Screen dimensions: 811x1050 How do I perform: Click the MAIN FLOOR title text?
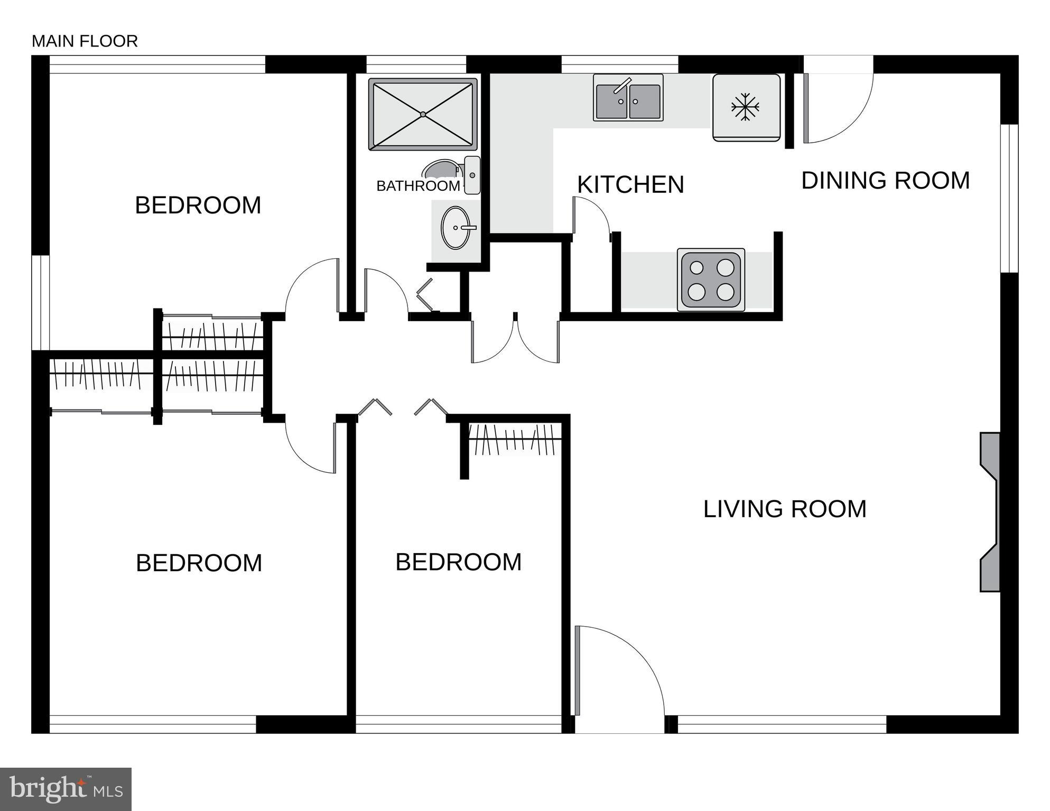(x=85, y=41)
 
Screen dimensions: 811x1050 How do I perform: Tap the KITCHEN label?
(x=630, y=185)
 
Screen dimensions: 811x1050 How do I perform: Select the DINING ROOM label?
(x=885, y=181)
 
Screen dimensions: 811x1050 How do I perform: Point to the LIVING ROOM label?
(x=785, y=509)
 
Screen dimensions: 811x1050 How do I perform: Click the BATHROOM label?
(x=417, y=186)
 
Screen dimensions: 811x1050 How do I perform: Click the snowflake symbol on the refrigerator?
(x=746, y=107)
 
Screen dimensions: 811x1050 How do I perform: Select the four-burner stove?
(x=711, y=280)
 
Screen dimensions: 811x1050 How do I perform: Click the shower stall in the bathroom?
(x=423, y=115)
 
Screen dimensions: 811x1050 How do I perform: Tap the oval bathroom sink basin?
(x=455, y=228)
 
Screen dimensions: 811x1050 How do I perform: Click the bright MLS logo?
(x=66, y=789)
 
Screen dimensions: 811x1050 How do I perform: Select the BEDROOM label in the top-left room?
(x=198, y=206)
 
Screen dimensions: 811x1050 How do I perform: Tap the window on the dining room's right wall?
(x=1009, y=199)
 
